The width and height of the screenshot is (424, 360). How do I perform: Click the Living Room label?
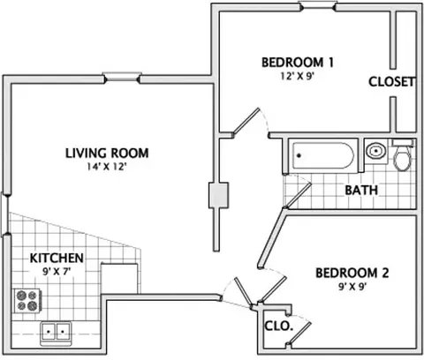[x=107, y=154]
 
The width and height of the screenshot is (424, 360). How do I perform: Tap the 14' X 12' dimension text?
[x=107, y=167]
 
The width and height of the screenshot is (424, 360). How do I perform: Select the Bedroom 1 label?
[x=298, y=63]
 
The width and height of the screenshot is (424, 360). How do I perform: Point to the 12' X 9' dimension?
[x=296, y=76]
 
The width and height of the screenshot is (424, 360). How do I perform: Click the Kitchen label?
[x=57, y=258]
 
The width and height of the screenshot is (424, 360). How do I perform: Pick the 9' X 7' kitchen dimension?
[x=57, y=271]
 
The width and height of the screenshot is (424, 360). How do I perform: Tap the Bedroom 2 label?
[x=352, y=273]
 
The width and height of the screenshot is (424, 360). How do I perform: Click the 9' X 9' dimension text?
[x=352, y=287]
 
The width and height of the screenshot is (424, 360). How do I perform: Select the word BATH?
[x=361, y=191]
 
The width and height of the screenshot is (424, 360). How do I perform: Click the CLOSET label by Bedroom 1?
[x=391, y=82]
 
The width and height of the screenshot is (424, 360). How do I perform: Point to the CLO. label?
[x=278, y=326]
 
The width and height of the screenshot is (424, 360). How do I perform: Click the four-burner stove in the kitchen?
[x=27, y=301]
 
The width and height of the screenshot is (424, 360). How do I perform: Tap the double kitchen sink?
[x=56, y=333]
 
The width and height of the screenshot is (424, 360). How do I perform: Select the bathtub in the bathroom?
[x=323, y=155]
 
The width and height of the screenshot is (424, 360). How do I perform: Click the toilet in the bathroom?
[x=403, y=155]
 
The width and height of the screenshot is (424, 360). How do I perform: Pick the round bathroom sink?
[x=376, y=151]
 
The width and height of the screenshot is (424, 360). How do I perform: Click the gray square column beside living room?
[x=218, y=195]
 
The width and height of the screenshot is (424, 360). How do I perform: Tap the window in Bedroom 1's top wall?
[x=317, y=6]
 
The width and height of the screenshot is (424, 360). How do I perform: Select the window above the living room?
[x=122, y=78]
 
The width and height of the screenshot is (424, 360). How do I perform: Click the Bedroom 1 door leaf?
[x=246, y=122]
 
